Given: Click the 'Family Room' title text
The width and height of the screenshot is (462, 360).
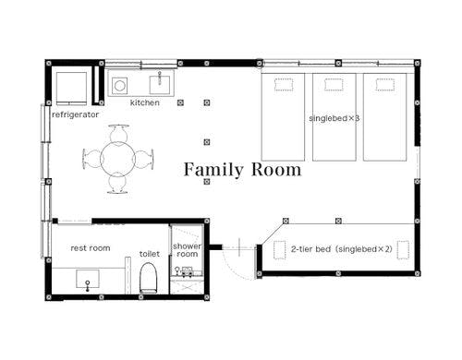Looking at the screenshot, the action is click(242, 170).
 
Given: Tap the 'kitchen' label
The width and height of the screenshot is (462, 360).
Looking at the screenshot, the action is click(145, 102).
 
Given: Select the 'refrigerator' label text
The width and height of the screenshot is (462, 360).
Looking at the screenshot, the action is click(76, 114).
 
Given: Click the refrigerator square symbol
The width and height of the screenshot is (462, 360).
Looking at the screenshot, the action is click(71, 89).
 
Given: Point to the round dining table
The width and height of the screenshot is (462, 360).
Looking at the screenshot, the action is click(117, 159).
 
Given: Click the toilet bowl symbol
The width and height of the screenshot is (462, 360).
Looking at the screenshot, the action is click(149, 278).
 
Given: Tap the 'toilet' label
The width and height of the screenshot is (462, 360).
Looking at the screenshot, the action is click(150, 254).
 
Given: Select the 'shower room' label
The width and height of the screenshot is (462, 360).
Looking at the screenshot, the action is click(187, 250).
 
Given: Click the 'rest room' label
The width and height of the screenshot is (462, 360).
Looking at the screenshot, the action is click(91, 248).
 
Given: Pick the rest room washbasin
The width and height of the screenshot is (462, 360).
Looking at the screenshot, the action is click(88, 280).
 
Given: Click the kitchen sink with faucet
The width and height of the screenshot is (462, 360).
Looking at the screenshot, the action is click(160, 84).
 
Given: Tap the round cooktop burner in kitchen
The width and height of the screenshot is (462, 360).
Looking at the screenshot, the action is click(120, 85).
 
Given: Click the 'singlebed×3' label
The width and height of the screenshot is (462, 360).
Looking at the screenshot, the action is click(334, 118).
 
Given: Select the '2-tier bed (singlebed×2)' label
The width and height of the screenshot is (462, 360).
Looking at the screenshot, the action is click(342, 249).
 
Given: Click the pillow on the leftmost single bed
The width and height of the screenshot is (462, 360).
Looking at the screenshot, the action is click(284, 85).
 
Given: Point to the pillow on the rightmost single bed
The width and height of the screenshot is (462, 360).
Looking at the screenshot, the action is click(385, 85).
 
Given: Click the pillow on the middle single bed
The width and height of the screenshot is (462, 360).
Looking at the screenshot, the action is click(334, 85).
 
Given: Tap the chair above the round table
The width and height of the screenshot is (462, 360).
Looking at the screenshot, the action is click(118, 134).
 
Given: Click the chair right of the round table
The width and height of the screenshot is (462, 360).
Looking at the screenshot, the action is click(144, 160).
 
